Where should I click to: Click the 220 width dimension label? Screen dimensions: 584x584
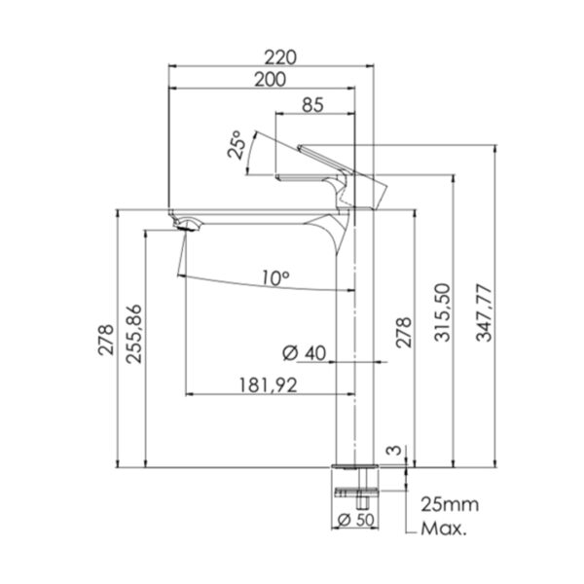280,57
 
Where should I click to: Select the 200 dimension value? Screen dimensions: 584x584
270,80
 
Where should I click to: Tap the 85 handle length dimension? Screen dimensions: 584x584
312,105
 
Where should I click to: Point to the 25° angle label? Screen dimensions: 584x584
237,145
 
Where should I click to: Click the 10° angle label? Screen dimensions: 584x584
275,277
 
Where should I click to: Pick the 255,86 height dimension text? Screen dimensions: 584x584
134,334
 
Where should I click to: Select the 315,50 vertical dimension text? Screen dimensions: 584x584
443,312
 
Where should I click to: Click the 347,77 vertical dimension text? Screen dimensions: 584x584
484,312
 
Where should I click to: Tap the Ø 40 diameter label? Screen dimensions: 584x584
304,353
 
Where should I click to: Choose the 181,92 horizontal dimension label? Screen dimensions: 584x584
268,385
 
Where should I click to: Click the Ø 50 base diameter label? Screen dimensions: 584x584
355,519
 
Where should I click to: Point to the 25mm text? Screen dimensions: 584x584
450,505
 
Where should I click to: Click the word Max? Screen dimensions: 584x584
443,529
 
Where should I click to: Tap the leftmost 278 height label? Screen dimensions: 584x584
106,340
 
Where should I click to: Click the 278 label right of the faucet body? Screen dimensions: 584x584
403,333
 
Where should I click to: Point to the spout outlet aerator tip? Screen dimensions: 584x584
185,228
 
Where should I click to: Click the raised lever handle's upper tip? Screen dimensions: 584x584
299,147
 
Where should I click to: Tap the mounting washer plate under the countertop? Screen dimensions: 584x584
357,492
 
